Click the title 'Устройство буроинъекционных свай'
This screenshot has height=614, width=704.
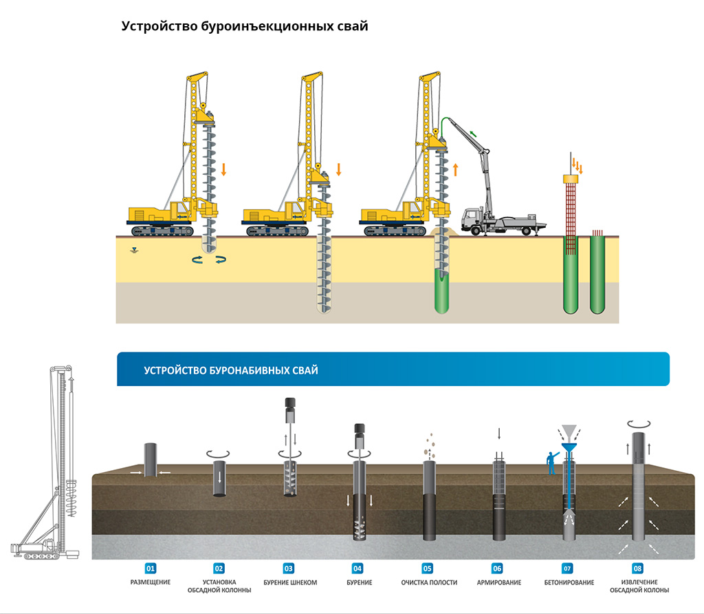point(245,27)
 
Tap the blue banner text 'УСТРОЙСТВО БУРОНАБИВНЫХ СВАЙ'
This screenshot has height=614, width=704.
point(231,370)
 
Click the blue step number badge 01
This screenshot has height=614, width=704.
point(149,569)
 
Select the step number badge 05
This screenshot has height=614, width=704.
point(428,569)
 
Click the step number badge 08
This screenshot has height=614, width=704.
point(638,569)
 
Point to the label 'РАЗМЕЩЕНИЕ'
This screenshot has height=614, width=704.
point(150,583)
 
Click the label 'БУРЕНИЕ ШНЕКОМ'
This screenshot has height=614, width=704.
point(290,583)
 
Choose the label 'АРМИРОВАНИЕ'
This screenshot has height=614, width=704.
point(498,583)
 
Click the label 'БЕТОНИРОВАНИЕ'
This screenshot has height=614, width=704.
point(569,583)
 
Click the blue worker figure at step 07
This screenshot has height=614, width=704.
point(550,463)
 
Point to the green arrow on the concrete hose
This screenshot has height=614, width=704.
point(473,131)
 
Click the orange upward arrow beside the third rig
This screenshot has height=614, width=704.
point(454,169)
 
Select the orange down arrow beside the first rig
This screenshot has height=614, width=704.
point(223,169)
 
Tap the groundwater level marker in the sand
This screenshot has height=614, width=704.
point(135,251)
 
